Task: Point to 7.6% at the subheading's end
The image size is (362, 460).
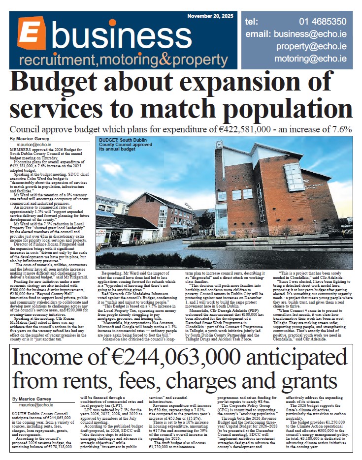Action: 352,129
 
